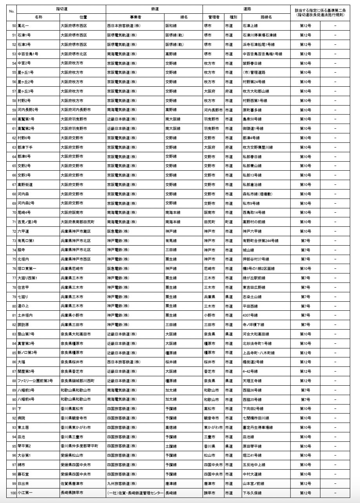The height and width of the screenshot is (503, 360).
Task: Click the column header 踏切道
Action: click(x=61, y=8)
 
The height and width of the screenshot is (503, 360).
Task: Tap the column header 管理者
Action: click(x=213, y=17)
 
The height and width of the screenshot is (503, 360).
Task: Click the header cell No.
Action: click(x=11, y=11)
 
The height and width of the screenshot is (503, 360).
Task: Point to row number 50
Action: click(x=13, y=26)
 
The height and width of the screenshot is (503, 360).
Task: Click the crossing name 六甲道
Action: click(x=24, y=231)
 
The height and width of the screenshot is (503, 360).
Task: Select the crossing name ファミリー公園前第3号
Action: click(x=35, y=381)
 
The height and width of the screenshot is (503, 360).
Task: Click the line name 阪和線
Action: click(x=171, y=26)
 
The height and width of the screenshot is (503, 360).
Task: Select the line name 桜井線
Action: click(x=171, y=362)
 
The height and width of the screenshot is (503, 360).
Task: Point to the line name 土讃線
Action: click(x=171, y=446)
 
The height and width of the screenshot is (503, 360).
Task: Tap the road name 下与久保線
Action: click(x=252, y=493)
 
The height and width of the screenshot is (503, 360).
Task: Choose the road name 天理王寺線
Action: click(x=252, y=381)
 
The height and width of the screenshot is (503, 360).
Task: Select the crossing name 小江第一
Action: click(x=25, y=493)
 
